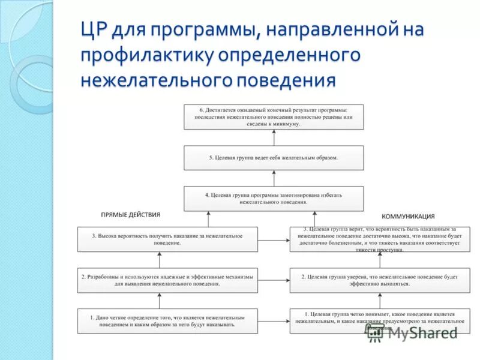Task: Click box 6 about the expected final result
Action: pyautogui.click(x=274, y=116)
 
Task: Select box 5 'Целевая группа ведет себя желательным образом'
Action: pyautogui.click(x=274, y=158)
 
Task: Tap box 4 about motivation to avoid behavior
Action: pyautogui.click(x=274, y=199)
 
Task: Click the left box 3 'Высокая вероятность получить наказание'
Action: pyautogui.click(x=167, y=239)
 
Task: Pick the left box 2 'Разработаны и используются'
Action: pyautogui.click(x=167, y=280)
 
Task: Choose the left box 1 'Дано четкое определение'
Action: pyautogui.click(x=167, y=321)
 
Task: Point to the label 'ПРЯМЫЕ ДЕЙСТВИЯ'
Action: pyautogui.click(x=130, y=214)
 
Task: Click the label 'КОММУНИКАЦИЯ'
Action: pyautogui.click(x=408, y=216)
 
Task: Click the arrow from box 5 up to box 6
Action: pyautogui.click(x=274, y=137)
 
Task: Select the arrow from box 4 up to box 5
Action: pyautogui.click(x=274, y=178)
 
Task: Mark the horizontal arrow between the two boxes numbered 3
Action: pyautogui.click(x=274, y=239)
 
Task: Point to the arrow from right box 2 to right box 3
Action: pyautogui.click(x=380, y=260)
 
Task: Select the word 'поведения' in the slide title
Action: pyautogui.click(x=284, y=79)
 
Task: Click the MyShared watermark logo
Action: pyautogui.click(x=413, y=332)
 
